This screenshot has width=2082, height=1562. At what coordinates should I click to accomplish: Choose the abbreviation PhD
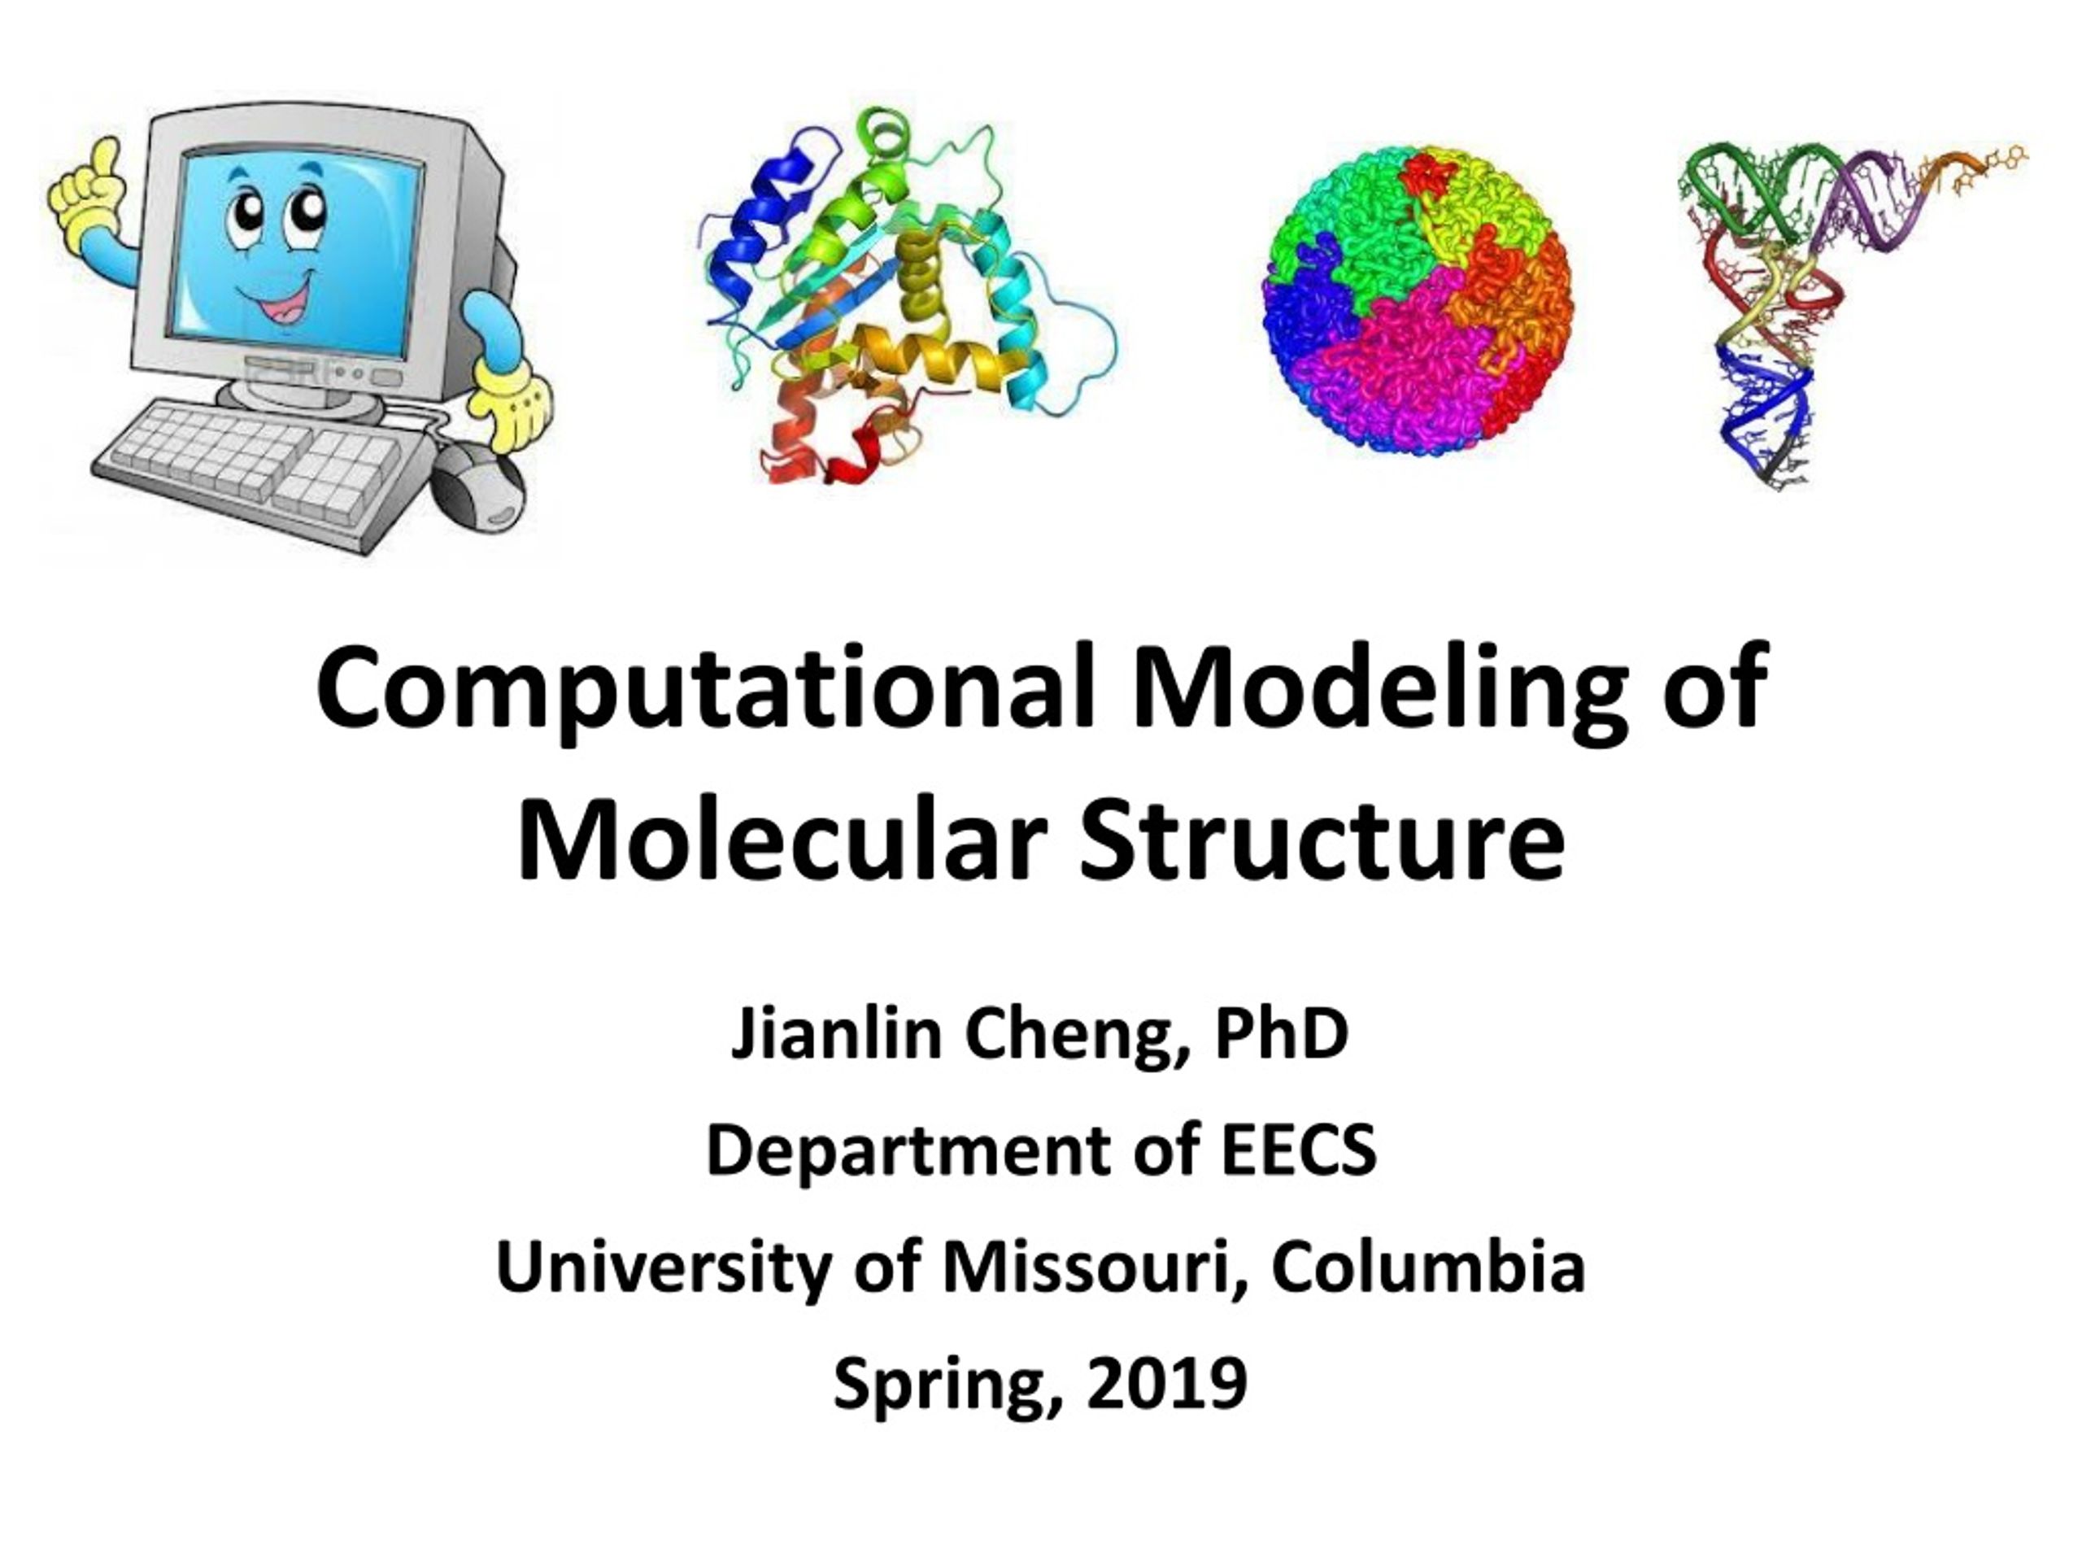[x=1282, y=1033]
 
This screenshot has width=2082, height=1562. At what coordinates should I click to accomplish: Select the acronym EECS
[x=1299, y=1150]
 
